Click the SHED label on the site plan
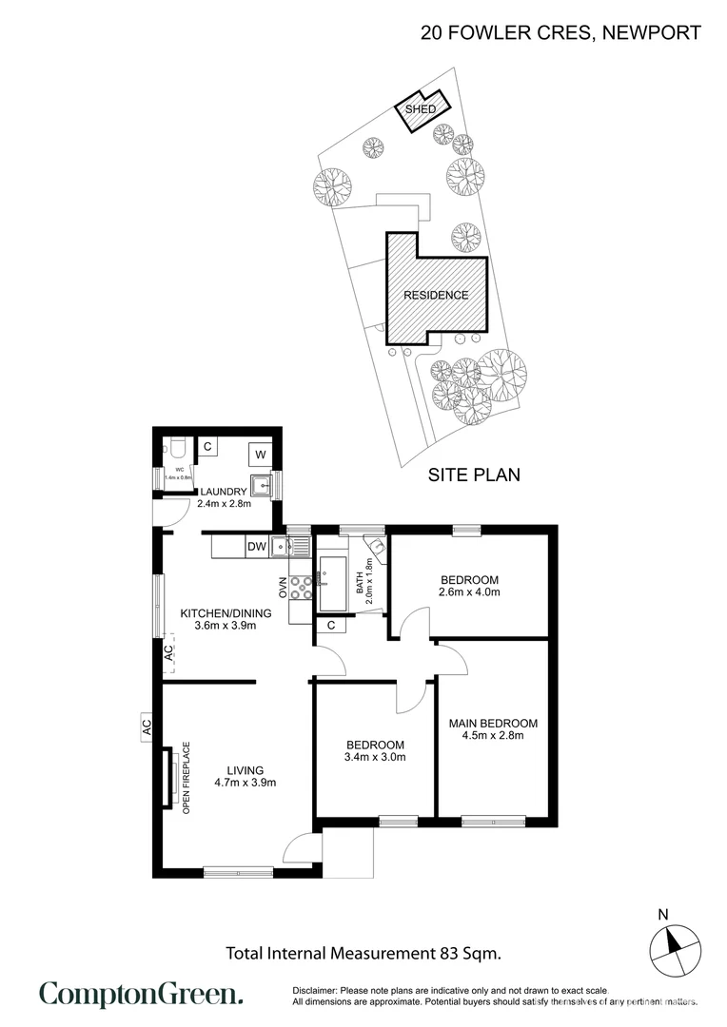421,109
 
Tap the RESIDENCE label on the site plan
436,295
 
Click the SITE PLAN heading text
473,475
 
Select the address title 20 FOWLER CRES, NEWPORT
560,33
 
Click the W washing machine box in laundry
260,455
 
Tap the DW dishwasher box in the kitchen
256,547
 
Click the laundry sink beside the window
260,483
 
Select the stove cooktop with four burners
301,589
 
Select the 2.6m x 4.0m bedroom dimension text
469,591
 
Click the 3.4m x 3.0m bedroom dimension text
375,758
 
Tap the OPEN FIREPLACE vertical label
187,777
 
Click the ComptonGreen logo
141,995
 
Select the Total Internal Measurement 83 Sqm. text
363,952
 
